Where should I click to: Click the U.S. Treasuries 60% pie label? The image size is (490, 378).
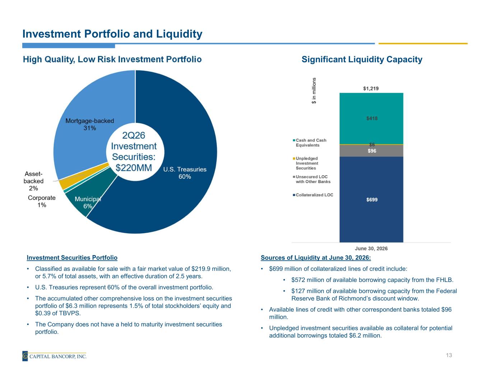185,173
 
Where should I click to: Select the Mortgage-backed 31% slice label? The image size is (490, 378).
90,124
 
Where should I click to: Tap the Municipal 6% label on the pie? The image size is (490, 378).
88,202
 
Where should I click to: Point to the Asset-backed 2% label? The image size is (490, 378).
34,181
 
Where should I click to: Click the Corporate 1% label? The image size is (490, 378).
42,201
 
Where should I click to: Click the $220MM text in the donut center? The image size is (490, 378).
134,168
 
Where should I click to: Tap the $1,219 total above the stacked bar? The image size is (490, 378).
371,88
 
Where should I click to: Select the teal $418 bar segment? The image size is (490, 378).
371,118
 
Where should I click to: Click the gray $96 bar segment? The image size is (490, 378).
371,150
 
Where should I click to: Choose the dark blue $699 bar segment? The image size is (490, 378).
371,199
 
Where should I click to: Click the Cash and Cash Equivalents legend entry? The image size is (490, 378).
309,143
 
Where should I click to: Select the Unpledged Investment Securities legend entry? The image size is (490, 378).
305,163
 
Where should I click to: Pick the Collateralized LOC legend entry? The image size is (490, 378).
313,195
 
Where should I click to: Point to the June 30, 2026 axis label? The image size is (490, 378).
371,248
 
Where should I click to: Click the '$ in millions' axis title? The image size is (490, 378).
314,90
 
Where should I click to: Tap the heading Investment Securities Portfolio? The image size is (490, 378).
72,258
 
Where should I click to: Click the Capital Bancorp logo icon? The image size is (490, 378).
25,356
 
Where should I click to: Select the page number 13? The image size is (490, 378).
449,355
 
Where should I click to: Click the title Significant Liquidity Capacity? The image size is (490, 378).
362,59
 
